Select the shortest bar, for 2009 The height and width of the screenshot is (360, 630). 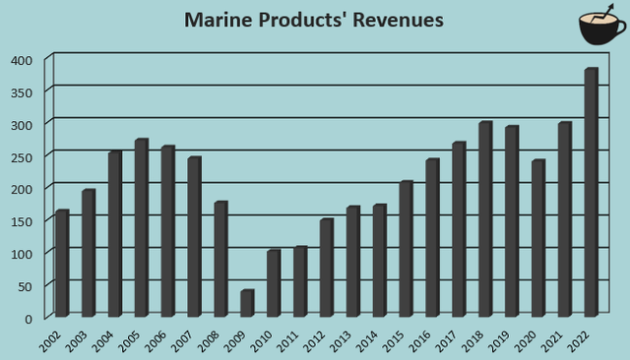click(247, 303)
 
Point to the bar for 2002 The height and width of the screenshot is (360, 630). click(62, 264)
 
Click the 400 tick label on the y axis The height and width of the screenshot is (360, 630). click(22, 60)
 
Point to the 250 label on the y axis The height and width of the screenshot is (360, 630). click(22, 156)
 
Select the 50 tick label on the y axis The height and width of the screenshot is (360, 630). click(25, 285)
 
